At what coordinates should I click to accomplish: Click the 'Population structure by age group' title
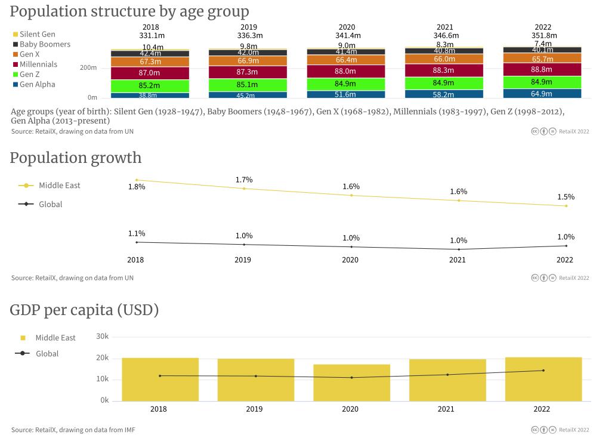point(129,11)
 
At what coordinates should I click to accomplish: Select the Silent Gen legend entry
point(37,34)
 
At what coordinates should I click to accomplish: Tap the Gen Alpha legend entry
point(37,84)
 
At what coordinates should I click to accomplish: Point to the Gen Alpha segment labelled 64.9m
point(542,94)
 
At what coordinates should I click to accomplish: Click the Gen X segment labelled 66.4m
point(346,60)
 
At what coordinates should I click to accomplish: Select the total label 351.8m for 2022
point(543,35)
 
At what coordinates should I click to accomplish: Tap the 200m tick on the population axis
point(88,68)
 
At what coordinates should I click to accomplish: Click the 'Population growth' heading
point(76,158)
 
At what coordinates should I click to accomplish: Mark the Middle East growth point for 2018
point(137,180)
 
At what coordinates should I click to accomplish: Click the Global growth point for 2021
point(459,249)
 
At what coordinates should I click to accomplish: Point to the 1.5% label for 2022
point(566,197)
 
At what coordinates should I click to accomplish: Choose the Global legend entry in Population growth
point(50,204)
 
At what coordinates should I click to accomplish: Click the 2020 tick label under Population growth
point(350,260)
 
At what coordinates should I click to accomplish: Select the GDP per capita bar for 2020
point(351,383)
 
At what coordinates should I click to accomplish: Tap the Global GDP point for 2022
point(543,371)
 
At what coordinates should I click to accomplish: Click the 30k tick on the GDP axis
point(103,337)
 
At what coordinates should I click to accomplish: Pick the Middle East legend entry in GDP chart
point(55,338)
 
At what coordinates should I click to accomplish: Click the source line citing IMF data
point(73,430)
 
